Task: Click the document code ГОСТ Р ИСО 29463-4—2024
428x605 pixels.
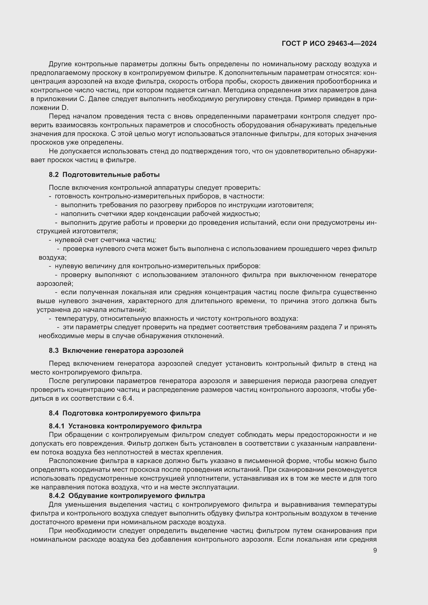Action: click(329, 43)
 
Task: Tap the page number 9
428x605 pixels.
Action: click(375, 550)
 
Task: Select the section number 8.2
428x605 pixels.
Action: click(54, 175)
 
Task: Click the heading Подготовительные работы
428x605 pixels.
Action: click(111, 175)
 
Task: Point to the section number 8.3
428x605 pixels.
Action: click(54, 350)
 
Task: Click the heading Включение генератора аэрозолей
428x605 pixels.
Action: click(123, 350)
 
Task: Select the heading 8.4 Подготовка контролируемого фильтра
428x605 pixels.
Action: click(124, 413)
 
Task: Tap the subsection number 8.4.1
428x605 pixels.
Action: click(57, 426)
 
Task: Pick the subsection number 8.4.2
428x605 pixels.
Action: click(57, 496)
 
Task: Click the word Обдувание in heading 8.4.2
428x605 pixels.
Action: click(88, 496)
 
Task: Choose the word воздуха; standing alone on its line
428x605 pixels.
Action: click(53, 257)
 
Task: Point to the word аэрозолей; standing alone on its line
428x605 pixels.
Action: click(55, 283)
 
